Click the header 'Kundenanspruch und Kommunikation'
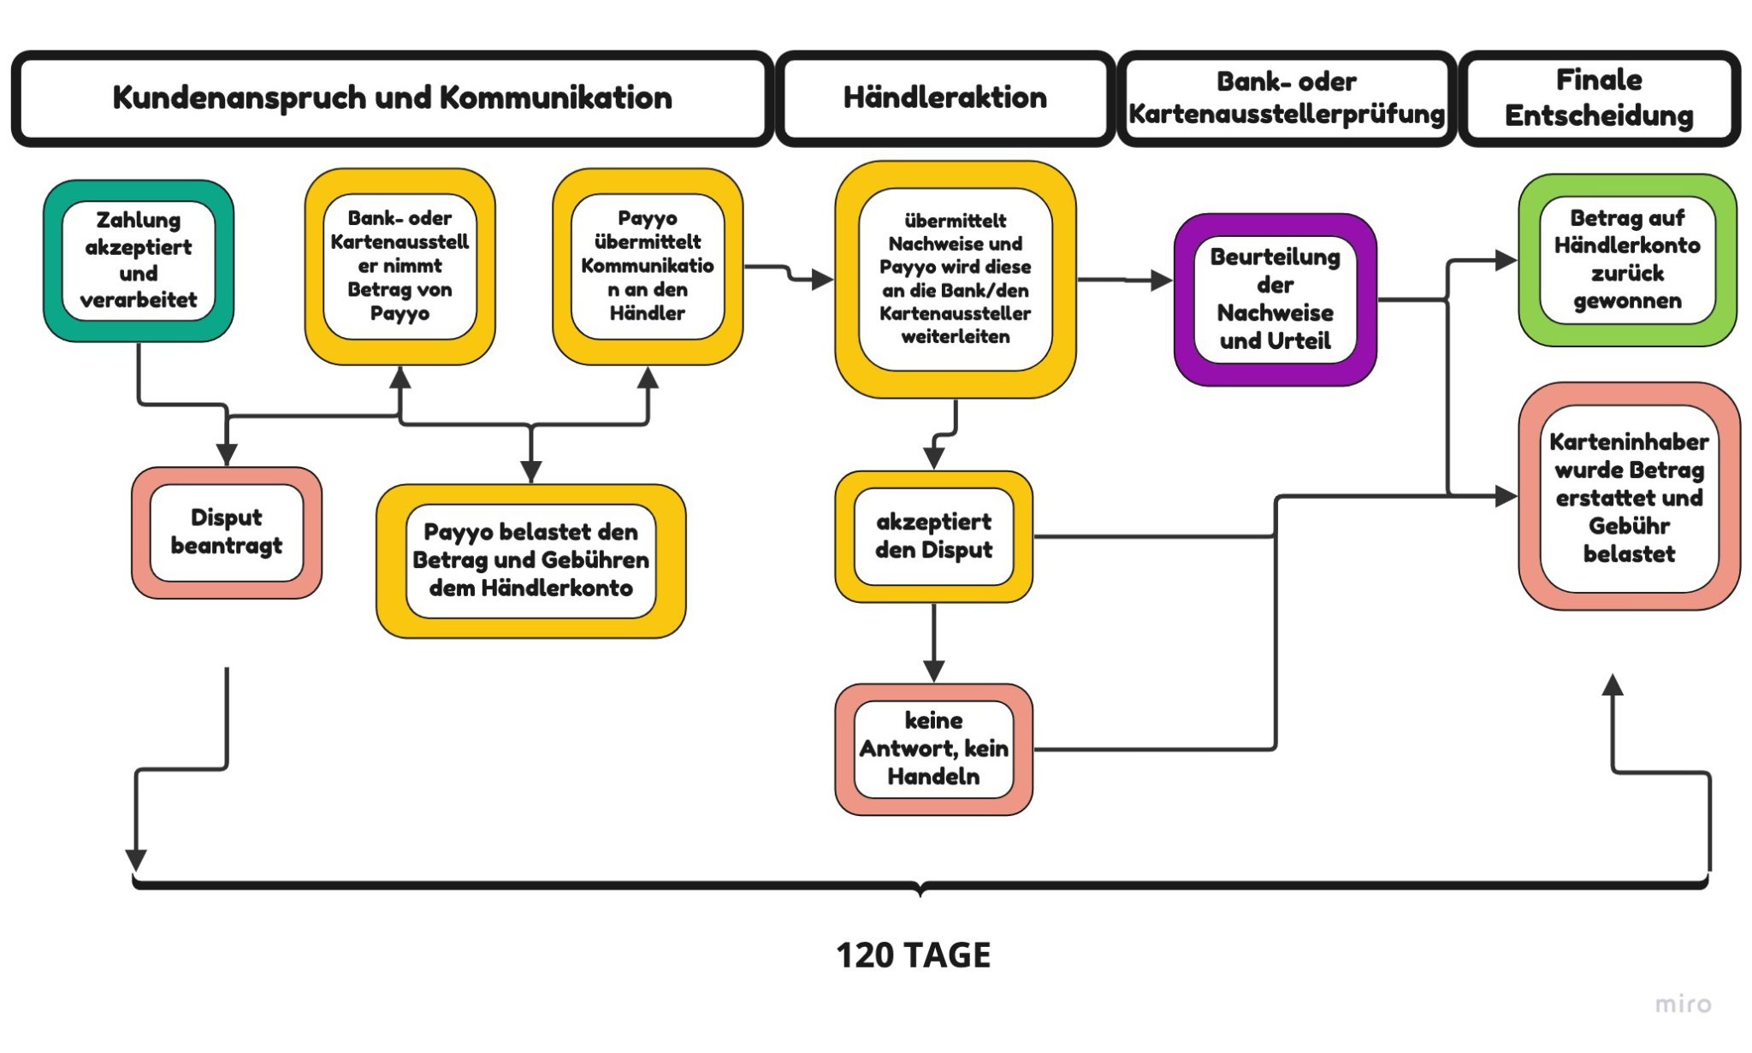(x=392, y=98)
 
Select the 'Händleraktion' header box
(x=944, y=98)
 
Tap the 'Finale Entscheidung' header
(x=1598, y=98)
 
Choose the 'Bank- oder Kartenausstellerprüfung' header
(x=1286, y=98)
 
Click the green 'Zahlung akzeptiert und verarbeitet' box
(x=139, y=260)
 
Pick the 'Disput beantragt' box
(x=227, y=532)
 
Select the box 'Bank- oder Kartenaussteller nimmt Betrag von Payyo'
(x=400, y=266)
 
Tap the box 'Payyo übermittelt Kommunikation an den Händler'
(x=648, y=266)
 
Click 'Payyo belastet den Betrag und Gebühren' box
(x=530, y=560)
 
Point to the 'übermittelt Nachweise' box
(x=955, y=279)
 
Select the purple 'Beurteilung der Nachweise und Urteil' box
(x=1275, y=299)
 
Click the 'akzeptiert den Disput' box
(x=933, y=536)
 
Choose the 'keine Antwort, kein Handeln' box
(x=933, y=748)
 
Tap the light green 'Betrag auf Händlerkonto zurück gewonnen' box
(x=1627, y=259)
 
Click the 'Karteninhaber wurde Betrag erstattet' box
(x=1629, y=497)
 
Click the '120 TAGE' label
(x=913, y=955)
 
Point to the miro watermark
(x=1683, y=1003)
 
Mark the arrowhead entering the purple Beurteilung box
(x=1161, y=280)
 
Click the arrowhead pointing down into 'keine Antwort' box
(x=933, y=671)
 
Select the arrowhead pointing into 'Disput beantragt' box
(x=227, y=454)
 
